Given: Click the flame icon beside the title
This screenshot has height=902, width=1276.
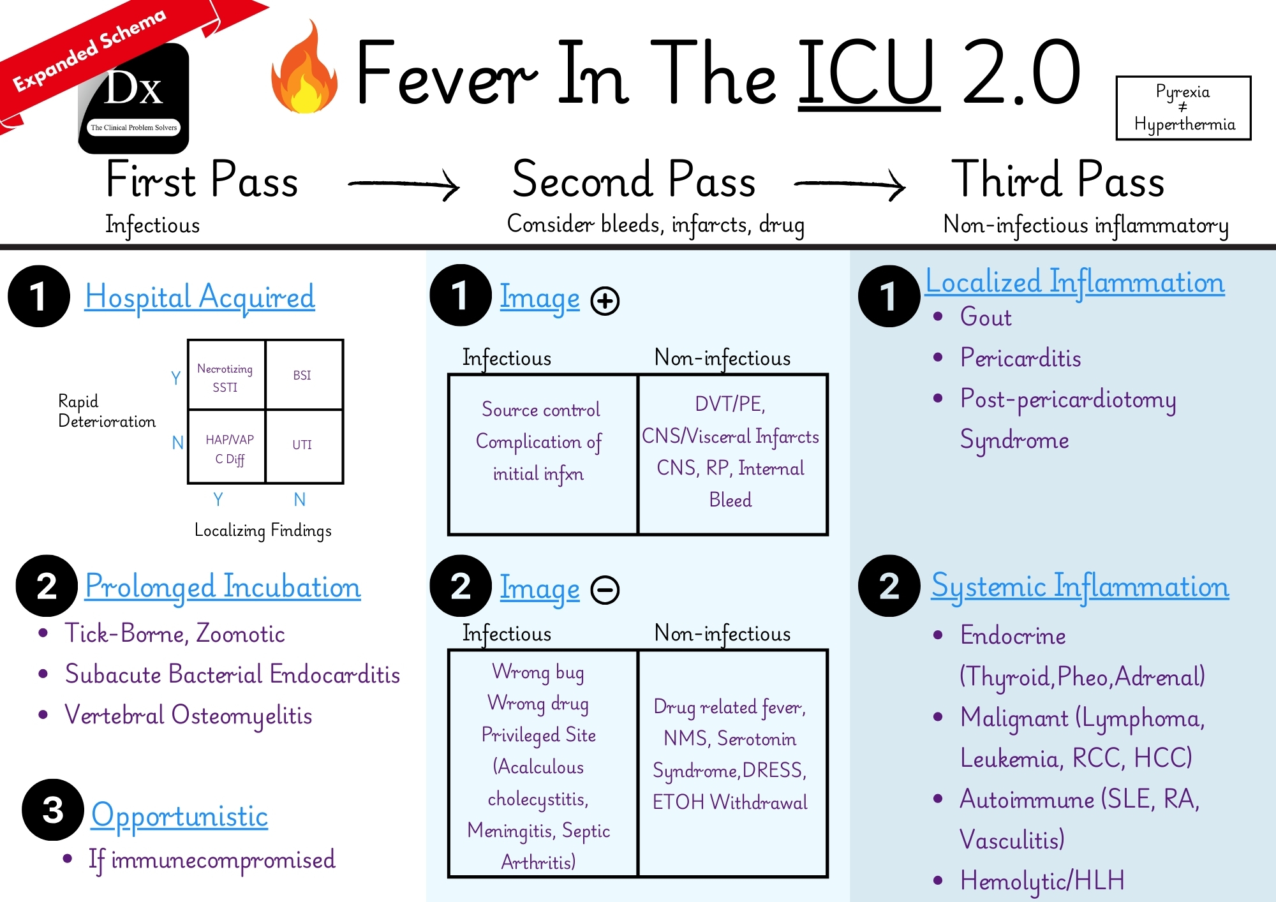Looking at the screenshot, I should pos(305,70).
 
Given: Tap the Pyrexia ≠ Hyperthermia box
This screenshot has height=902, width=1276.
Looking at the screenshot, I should pos(1183,108).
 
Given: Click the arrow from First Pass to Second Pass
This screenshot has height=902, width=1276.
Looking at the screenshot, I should pos(404,184).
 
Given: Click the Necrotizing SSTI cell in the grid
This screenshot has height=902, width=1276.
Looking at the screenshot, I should pos(225,377).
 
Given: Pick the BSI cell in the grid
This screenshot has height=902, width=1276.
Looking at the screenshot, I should pos(302,375).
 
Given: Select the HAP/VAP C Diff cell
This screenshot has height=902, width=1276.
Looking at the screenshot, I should pos(229,448).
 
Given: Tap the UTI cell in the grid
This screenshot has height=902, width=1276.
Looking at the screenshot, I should pos(302,445).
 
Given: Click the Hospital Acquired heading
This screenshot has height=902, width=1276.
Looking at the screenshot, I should pos(200,297).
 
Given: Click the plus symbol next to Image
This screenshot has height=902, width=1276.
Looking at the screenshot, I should pos(605,300).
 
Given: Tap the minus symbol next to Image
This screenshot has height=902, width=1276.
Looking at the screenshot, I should pos(605,590).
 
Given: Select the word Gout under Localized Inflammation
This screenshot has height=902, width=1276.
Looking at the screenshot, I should pos(986,317).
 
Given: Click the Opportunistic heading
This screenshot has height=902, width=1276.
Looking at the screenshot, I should pos(179,816).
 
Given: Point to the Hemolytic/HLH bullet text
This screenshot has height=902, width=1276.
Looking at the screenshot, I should pos(1042,881).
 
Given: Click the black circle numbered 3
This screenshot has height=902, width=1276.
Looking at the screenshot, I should pos(53,810).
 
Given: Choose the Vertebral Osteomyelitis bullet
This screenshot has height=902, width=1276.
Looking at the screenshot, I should pos(188,715).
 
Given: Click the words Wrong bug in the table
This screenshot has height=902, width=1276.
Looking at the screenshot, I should pos(538,672).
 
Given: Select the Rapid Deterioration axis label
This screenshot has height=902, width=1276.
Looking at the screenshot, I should pos(107,411).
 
